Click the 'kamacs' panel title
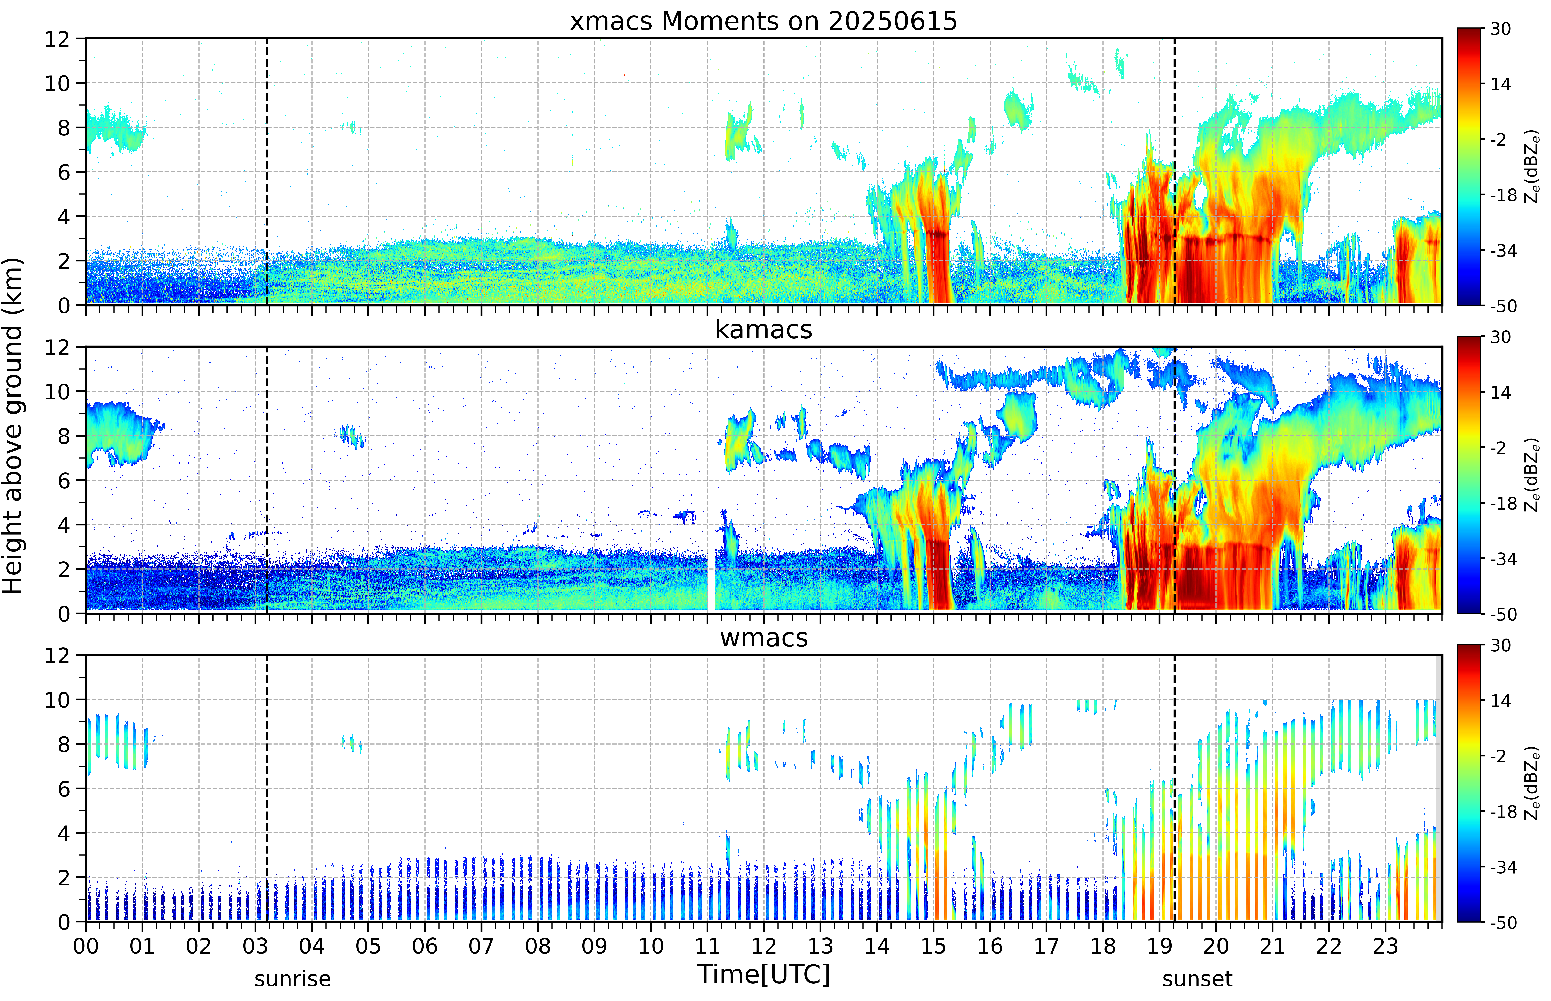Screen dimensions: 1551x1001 pyautogui.click(x=763, y=329)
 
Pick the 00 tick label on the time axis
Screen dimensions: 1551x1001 pyautogui.click(x=86, y=946)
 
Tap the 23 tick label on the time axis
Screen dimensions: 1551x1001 pyautogui.click(x=1385, y=946)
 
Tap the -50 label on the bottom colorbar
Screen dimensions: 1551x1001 pyautogui.click(x=1504, y=922)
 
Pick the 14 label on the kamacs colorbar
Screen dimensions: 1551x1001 pyautogui.click(x=1501, y=393)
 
